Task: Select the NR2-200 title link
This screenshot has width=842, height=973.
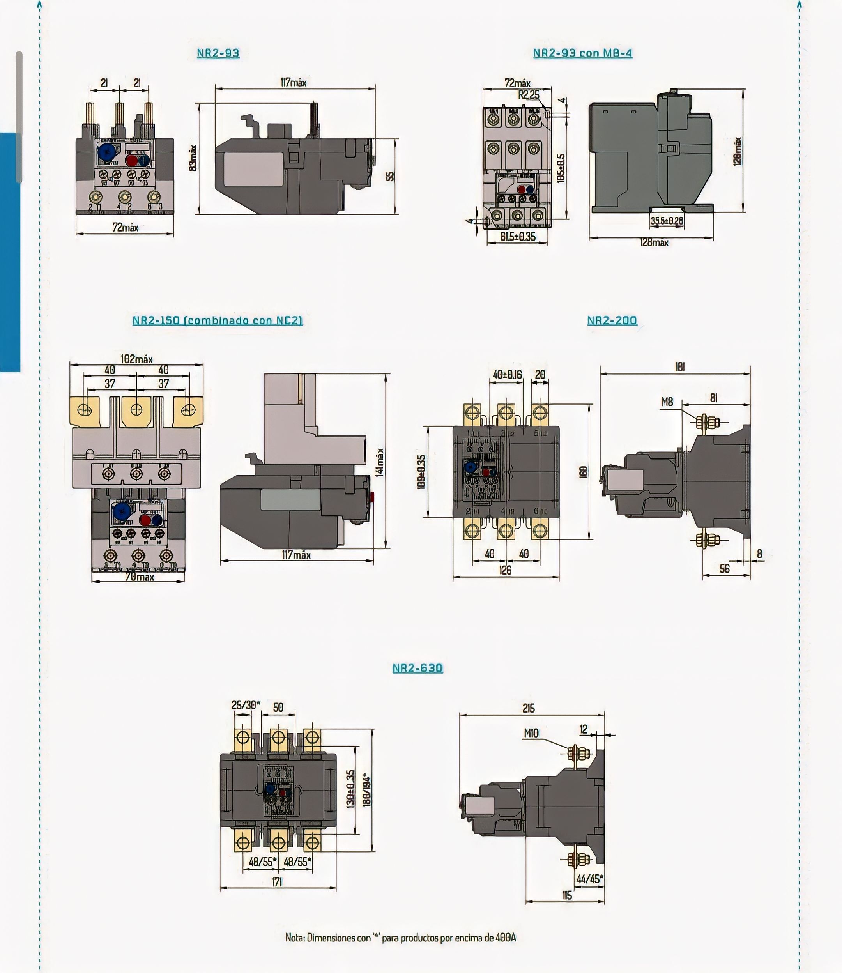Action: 612,320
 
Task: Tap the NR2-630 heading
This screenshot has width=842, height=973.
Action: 417,668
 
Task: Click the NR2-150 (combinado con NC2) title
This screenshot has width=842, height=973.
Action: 218,320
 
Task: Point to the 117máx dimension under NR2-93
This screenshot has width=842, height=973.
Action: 294,83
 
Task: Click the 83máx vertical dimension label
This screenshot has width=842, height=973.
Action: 193,158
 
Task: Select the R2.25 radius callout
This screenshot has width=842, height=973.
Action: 529,94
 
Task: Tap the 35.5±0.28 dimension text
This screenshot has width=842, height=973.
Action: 667,220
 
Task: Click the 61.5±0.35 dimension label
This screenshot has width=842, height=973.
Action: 517,236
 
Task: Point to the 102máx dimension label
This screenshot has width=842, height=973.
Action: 136,359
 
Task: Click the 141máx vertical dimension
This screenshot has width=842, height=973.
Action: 380,462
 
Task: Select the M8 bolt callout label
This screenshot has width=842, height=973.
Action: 667,402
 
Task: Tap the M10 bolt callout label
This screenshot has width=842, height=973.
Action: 531,733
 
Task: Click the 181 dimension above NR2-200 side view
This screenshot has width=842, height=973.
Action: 679,367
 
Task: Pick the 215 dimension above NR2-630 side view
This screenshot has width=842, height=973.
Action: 529,708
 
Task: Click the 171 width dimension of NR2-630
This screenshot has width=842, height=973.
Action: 277,882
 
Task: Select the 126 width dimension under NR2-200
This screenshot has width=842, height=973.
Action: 505,570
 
